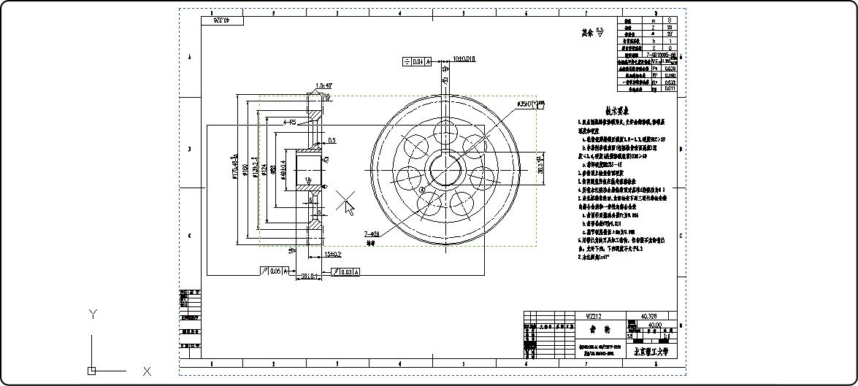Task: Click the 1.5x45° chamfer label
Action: (323, 85)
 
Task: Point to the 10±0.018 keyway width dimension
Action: (464, 58)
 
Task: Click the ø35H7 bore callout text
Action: (530, 105)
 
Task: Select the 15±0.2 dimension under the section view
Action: (333, 255)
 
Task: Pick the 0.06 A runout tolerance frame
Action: (273, 271)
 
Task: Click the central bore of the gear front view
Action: (445, 171)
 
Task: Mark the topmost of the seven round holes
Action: (445, 133)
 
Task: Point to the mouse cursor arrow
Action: (348, 208)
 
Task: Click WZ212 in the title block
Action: (594, 316)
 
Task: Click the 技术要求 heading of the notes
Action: (617, 111)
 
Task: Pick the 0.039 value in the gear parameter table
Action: (670, 69)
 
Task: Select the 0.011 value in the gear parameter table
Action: (670, 88)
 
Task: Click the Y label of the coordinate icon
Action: (93, 314)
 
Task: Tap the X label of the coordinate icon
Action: (147, 371)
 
